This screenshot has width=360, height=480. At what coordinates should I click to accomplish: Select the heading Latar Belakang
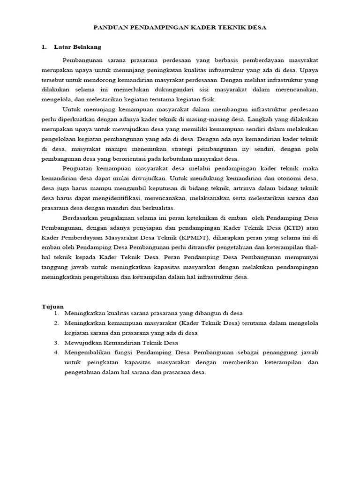pyautogui.click(x=77, y=47)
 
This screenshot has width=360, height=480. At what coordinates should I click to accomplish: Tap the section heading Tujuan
pyautogui.click(x=52, y=306)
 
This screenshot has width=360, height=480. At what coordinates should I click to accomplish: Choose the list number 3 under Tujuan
pyautogui.click(x=56, y=343)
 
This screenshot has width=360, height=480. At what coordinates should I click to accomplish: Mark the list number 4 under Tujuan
pyautogui.click(x=56, y=352)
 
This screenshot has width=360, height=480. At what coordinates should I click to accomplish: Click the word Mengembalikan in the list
pyautogui.click(x=89, y=352)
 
